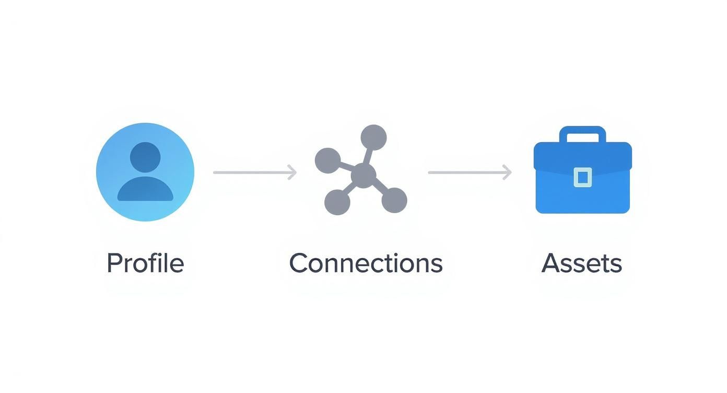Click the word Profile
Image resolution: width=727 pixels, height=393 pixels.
145,263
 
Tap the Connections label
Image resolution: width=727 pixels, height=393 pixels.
366,263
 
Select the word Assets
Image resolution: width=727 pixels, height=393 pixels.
582,263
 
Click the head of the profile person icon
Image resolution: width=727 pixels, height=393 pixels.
145,156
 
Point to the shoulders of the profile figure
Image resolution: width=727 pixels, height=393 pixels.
145,190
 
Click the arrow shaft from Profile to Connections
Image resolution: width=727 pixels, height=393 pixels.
251,172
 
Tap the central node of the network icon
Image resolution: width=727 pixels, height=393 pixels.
363,175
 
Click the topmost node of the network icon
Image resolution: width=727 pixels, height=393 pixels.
373,137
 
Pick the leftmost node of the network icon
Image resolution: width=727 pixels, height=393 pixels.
328,160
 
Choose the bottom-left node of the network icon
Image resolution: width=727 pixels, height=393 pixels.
337,202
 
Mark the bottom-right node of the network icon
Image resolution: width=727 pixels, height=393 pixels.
394,200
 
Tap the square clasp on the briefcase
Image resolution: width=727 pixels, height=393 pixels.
582,177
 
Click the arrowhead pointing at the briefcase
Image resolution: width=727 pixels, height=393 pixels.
507,172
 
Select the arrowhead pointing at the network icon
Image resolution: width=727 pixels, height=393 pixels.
292,172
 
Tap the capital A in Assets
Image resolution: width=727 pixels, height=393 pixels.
550,263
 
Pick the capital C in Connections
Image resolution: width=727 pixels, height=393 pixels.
299,263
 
